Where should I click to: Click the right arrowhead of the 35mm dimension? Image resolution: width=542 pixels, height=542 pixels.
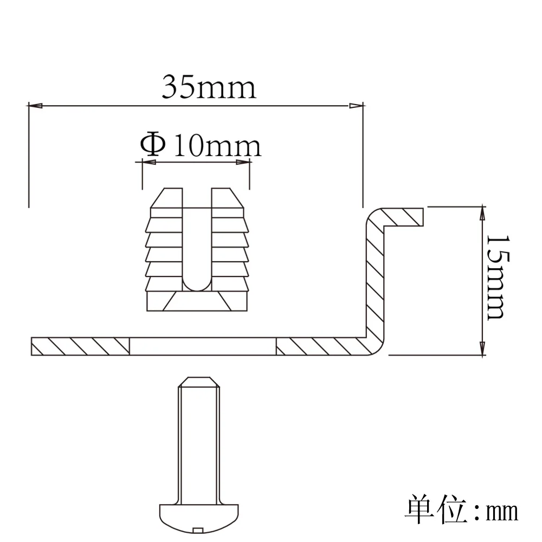(357, 105)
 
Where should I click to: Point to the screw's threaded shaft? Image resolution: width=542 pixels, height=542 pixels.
(199, 439)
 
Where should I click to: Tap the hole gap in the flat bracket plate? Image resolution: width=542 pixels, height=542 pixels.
(203, 346)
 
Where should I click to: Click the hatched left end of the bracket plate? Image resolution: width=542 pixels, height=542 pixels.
(81, 346)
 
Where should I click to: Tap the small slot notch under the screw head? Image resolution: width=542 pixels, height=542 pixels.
(198, 529)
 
